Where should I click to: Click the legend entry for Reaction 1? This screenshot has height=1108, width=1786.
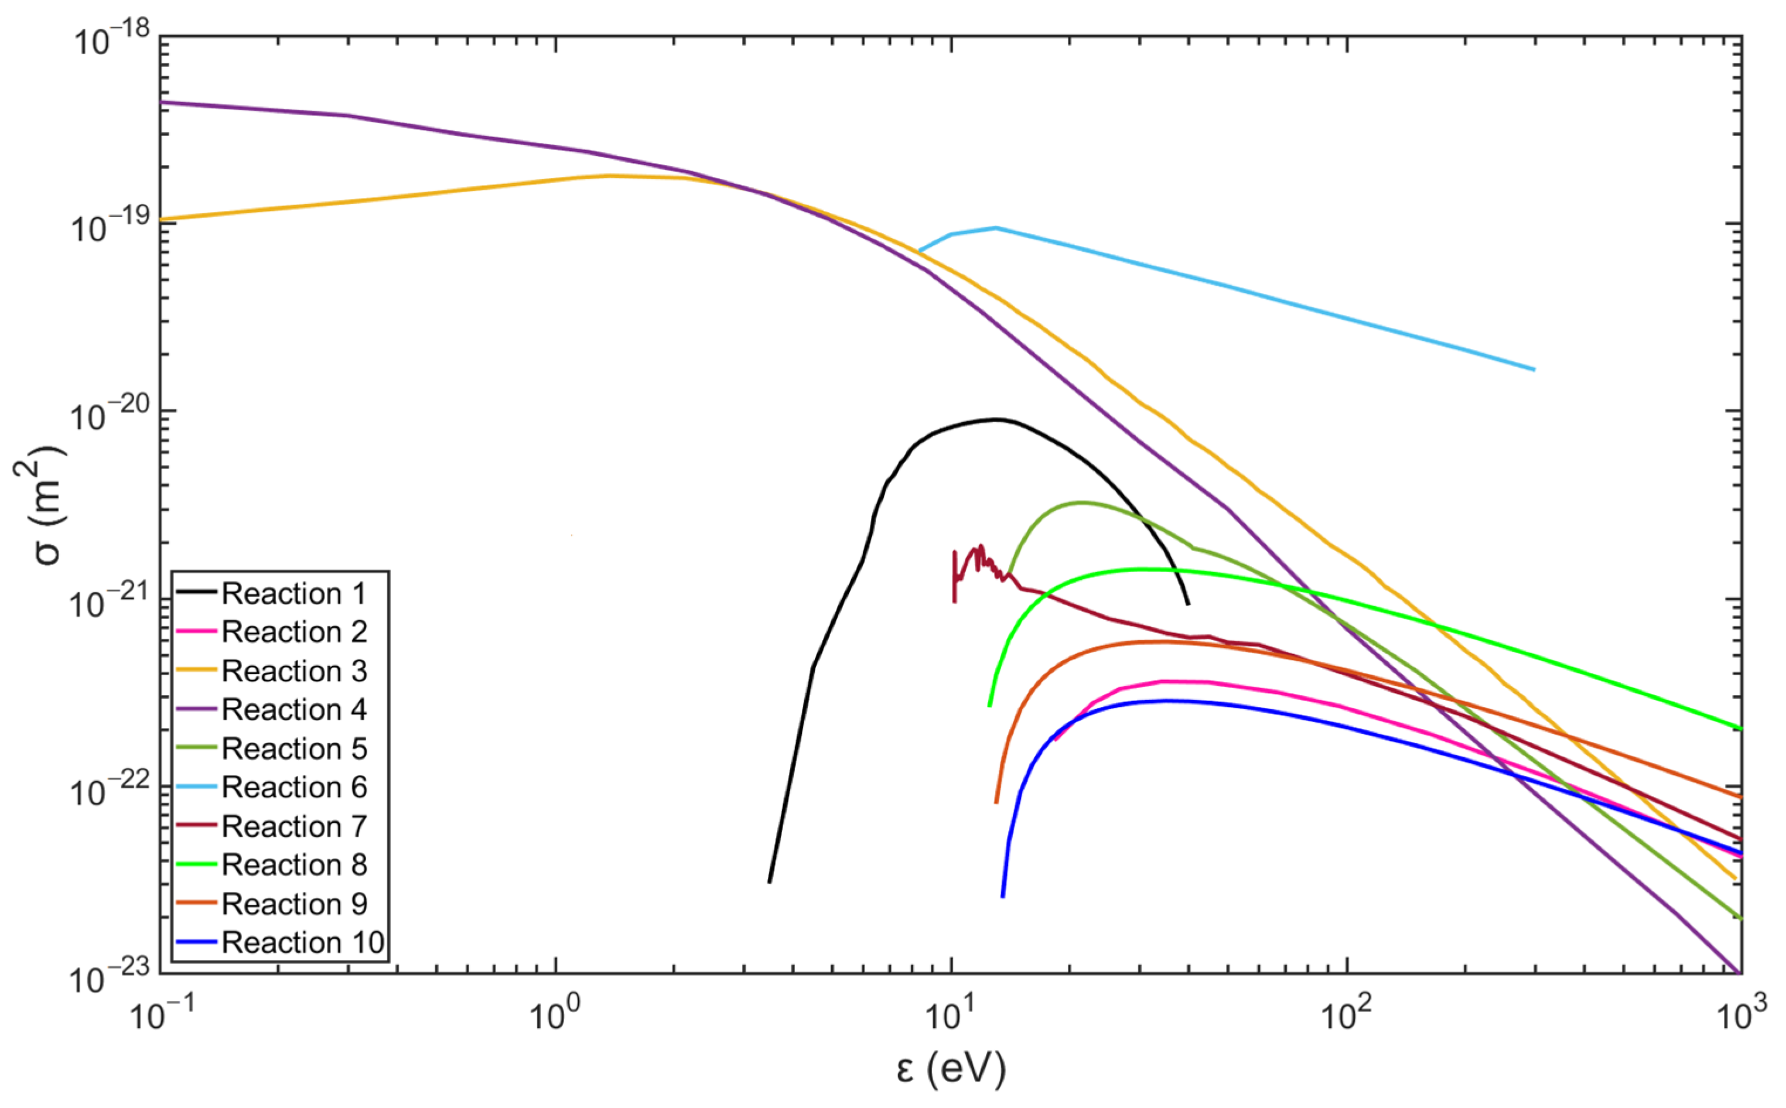point(293,594)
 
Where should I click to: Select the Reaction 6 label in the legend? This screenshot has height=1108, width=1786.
point(293,787)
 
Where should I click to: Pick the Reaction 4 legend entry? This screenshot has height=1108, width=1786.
point(293,709)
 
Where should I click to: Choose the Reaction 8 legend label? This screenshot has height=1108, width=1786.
point(293,865)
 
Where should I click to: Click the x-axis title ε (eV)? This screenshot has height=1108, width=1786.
point(951,1070)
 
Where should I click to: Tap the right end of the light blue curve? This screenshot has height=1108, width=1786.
point(1533,370)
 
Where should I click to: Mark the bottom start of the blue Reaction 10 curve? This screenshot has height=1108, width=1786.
point(1003,895)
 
